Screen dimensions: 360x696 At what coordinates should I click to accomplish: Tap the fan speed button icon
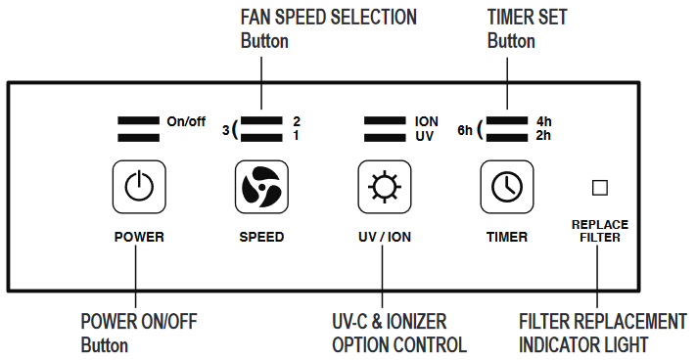[x=261, y=186]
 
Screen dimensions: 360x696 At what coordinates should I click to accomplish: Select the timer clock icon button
[x=506, y=186]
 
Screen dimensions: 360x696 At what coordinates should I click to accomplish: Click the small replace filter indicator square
[x=600, y=187]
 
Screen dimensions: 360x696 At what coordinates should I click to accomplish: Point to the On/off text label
[x=186, y=122]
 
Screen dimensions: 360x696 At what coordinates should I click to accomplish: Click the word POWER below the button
[x=139, y=237]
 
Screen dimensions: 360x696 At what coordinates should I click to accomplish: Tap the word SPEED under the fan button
[x=261, y=237]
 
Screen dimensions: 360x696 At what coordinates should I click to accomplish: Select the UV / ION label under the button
[x=384, y=237]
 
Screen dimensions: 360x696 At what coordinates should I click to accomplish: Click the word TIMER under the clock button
[x=506, y=237]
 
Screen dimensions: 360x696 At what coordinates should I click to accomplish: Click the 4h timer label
[x=544, y=121]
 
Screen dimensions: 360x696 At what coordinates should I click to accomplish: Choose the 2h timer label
[x=544, y=135]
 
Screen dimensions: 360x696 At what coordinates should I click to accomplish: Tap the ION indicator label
[x=426, y=121]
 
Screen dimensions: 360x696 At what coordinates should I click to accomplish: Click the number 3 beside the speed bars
[x=225, y=129]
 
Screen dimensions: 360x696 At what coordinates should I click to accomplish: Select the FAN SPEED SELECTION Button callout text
[x=328, y=28]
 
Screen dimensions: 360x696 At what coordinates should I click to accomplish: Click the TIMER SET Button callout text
[x=527, y=28]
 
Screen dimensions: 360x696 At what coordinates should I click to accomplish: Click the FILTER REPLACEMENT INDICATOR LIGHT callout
[x=602, y=333]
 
